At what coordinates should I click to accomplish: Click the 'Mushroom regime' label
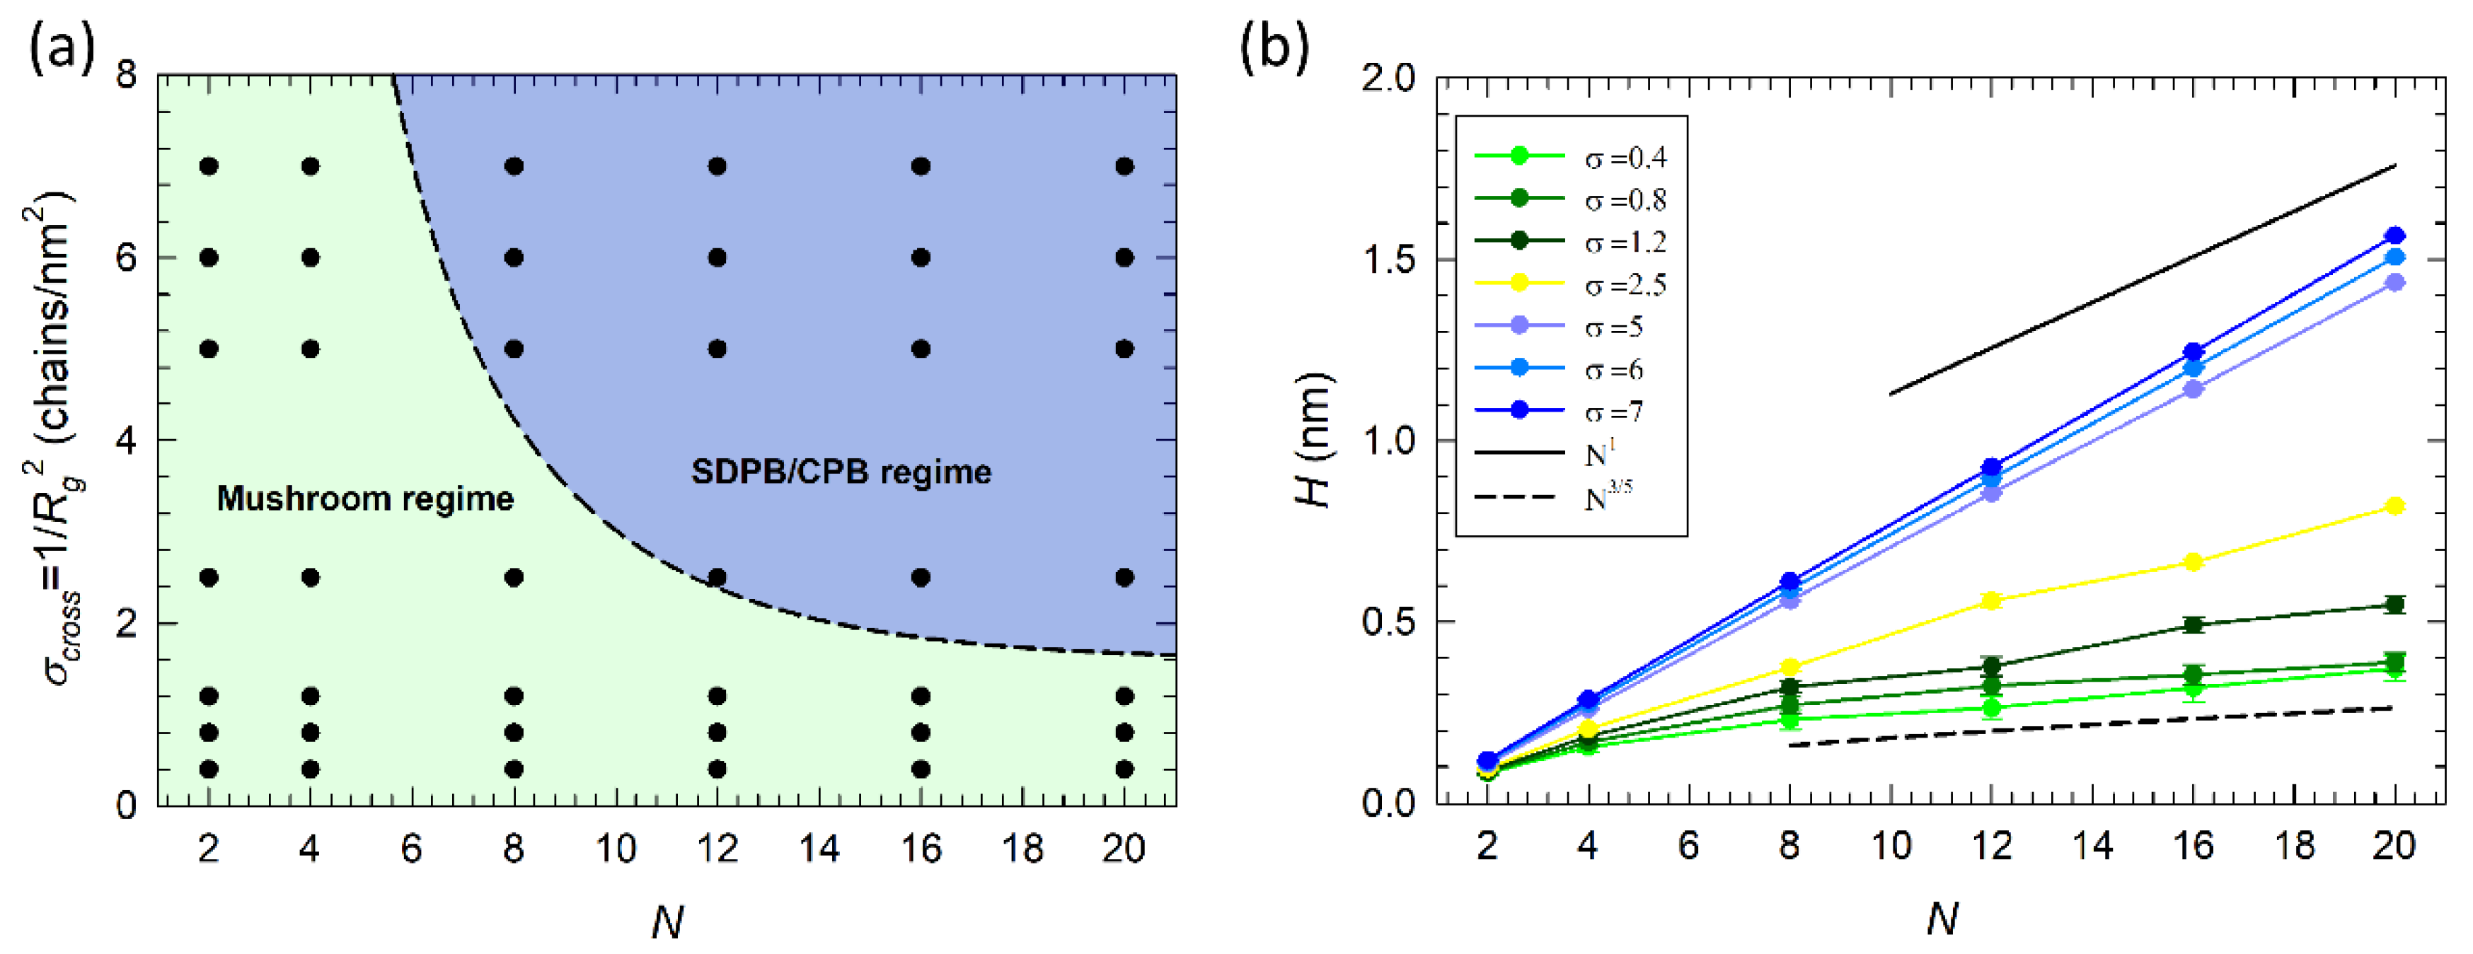click(365, 498)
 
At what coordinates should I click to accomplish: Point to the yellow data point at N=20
click(2394, 506)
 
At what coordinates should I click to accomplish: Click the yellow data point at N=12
click(1991, 601)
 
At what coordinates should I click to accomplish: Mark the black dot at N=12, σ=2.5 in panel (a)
click(717, 577)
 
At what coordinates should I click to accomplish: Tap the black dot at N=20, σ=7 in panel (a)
click(1125, 166)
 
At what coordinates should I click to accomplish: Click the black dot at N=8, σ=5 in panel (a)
click(514, 349)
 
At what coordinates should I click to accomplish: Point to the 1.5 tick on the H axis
click(1389, 260)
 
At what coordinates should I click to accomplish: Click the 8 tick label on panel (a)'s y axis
click(127, 75)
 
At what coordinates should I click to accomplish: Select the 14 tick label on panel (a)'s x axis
click(819, 849)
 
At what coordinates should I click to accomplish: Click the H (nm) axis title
click(1313, 441)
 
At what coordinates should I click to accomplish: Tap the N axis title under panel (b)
click(1941, 919)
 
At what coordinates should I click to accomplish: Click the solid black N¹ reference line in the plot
click(2141, 279)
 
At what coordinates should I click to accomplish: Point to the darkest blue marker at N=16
click(2193, 352)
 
